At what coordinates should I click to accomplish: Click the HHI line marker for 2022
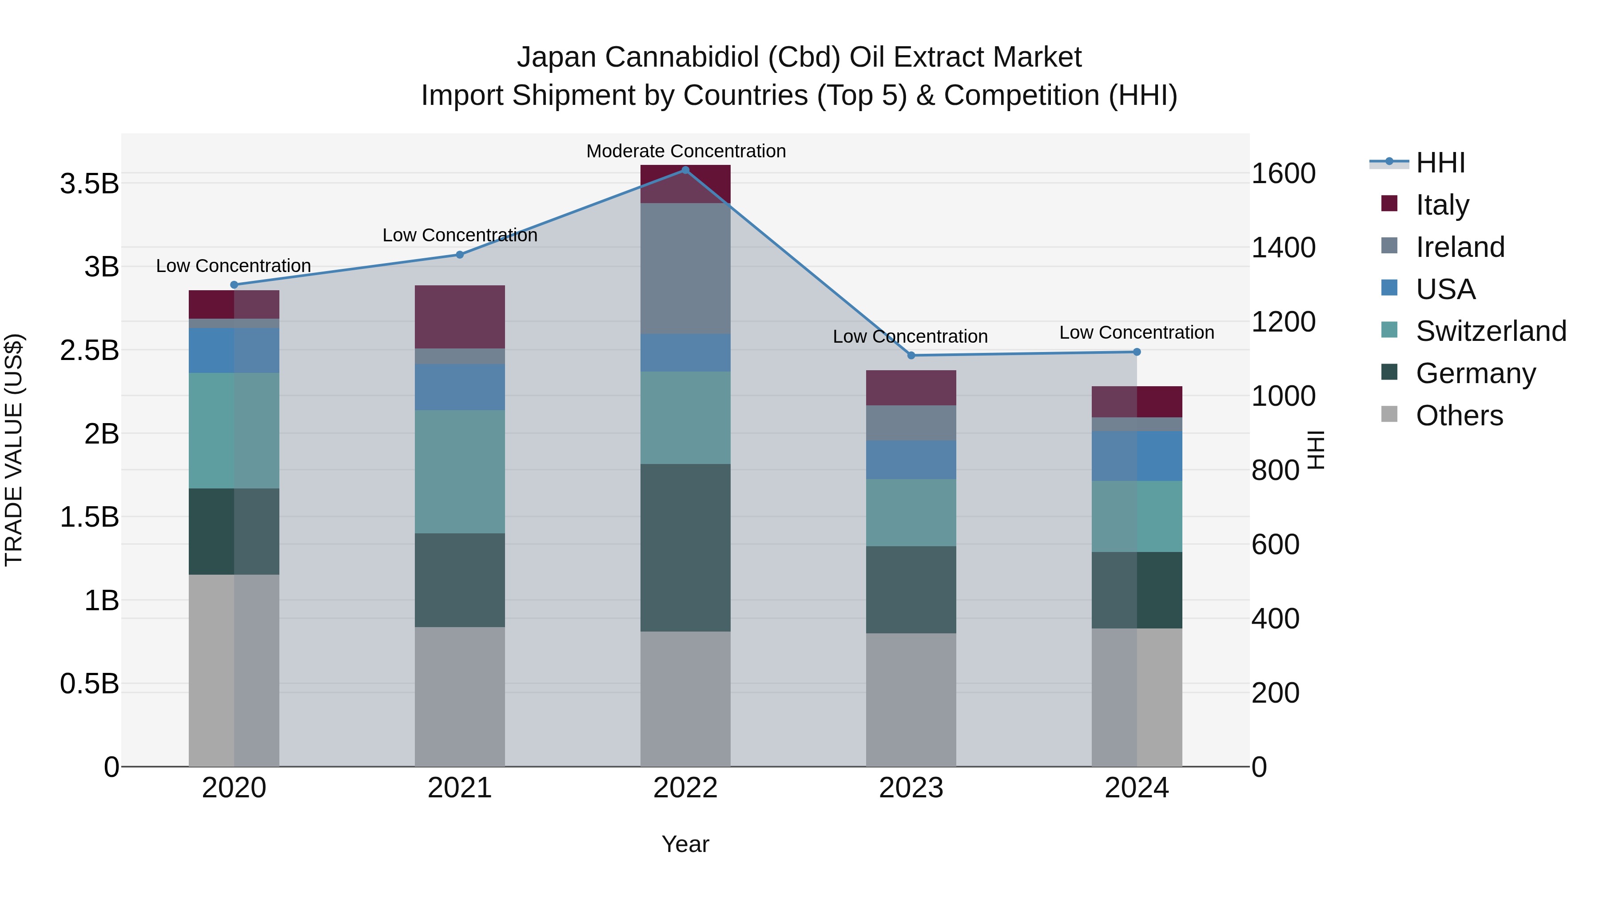(x=685, y=170)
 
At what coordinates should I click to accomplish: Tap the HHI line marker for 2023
(x=911, y=355)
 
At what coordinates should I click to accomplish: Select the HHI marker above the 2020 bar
(x=234, y=285)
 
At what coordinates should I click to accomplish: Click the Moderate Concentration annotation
(x=686, y=151)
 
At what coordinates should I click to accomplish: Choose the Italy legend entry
(x=1442, y=204)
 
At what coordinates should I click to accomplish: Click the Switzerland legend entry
(x=1490, y=331)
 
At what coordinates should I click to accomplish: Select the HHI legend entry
(x=1440, y=163)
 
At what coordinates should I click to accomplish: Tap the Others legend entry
(x=1459, y=416)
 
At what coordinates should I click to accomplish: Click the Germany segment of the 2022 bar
(x=685, y=548)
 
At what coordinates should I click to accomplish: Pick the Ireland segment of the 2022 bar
(x=685, y=268)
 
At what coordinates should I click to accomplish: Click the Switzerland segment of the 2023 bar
(x=911, y=512)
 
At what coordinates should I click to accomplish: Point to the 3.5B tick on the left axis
(x=89, y=184)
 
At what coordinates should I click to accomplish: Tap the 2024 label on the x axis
(x=1137, y=788)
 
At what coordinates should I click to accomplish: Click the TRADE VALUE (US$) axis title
(x=14, y=450)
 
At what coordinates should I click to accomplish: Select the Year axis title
(x=685, y=844)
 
